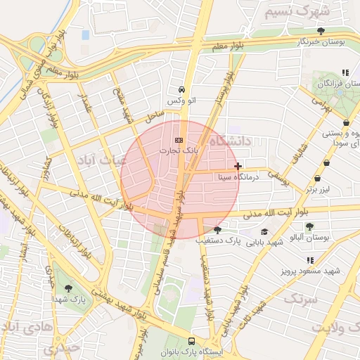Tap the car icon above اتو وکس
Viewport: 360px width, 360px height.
pos(182,90)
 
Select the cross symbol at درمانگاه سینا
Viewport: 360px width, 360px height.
pos(239,167)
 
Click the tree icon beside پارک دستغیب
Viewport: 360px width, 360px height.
pos(217,230)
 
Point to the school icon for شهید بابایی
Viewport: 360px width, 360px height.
pos(264,231)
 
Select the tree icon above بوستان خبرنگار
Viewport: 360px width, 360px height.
pos(321,31)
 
